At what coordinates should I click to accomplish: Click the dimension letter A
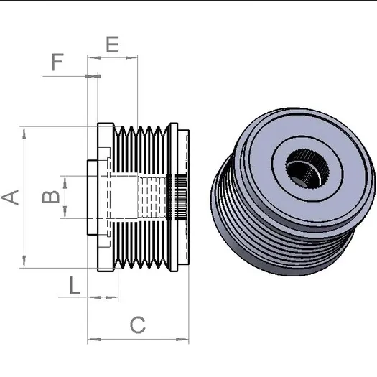[10, 197]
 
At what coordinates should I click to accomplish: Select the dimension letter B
[50, 197]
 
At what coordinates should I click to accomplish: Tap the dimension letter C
[138, 325]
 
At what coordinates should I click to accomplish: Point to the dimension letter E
[113, 45]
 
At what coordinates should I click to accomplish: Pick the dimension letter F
[57, 62]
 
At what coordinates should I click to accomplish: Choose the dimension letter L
[75, 285]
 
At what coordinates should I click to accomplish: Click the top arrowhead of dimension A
[24, 133]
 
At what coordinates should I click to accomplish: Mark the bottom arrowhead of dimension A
[24, 261]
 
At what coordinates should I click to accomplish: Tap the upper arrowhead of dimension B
[65, 182]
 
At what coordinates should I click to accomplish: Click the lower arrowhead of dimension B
[65, 212]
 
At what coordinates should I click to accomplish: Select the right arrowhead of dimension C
[182, 340]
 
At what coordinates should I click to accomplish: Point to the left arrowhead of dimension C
[94, 340]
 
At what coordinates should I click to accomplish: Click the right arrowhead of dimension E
[131, 57]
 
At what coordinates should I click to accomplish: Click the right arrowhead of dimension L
[112, 298]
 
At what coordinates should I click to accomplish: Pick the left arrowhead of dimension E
[94, 57]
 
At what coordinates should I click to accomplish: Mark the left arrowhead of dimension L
[95, 298]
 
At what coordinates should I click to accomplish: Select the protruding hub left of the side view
[93, 197]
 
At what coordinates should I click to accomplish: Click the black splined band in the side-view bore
[181, 197]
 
